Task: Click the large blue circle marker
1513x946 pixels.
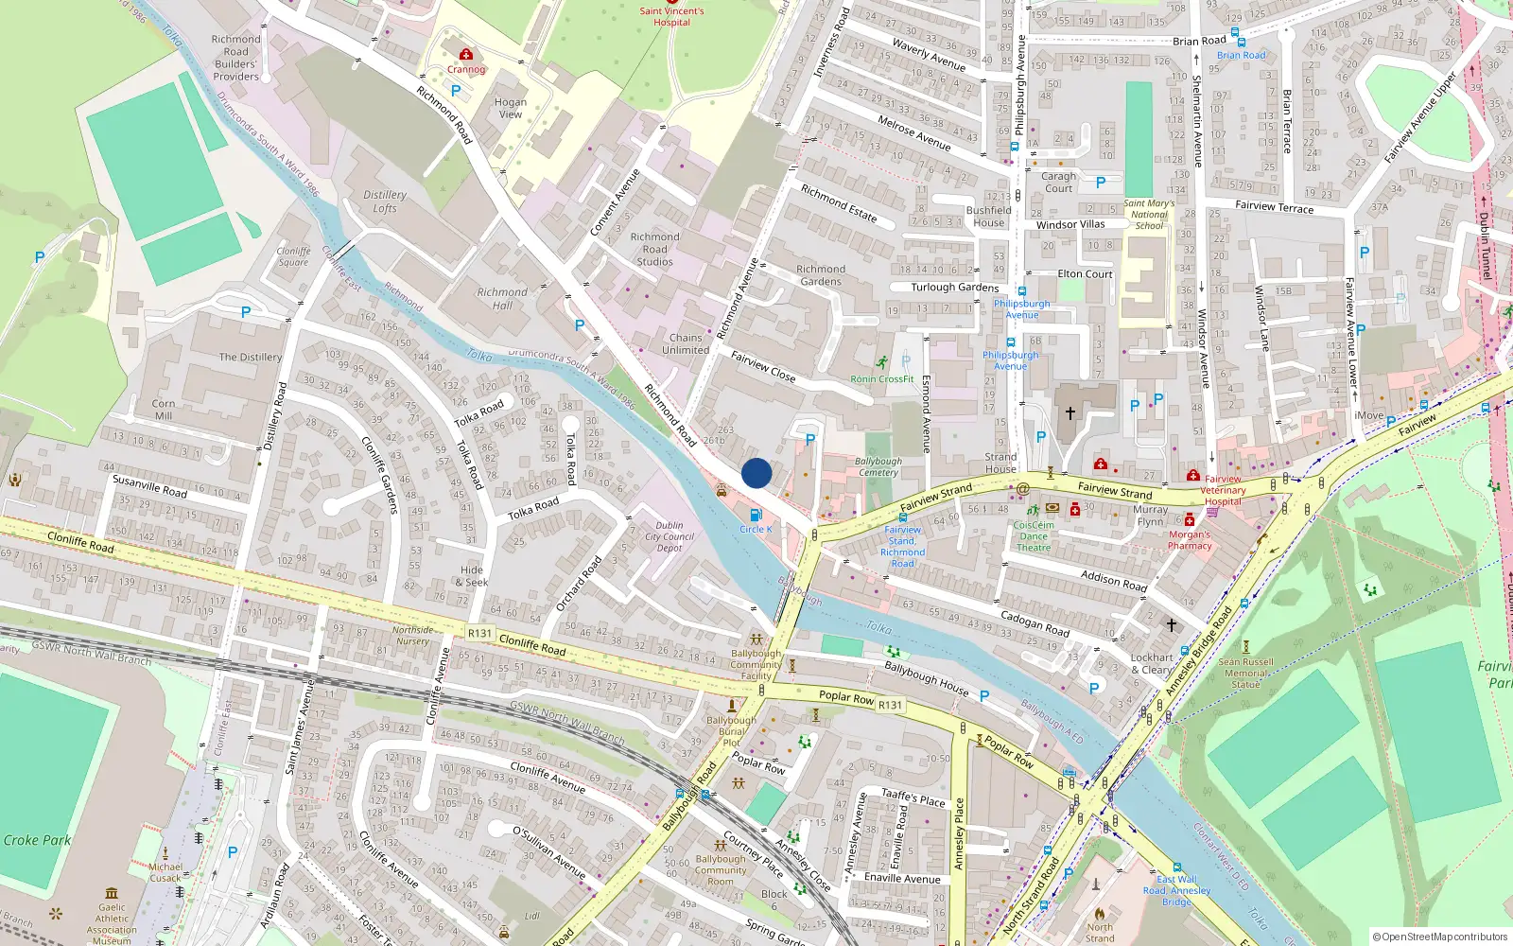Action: [756, 473]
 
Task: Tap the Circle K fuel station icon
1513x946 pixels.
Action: [755, 516]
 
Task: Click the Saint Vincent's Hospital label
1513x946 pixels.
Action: [671, 17]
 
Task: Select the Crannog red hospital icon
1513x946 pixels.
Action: [465, 55]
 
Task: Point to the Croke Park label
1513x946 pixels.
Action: [37, 840]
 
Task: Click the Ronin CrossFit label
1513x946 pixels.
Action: [881, 379]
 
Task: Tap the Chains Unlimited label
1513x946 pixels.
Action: [686, 343]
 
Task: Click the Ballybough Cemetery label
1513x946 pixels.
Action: [878, 467]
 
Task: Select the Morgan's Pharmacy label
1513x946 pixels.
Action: [1190, 540]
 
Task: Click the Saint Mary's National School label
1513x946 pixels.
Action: [1149, 215]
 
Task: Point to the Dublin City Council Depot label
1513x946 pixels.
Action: [670, 536]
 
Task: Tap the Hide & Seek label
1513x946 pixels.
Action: [472, 576]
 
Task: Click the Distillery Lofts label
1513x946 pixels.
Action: [385, 201]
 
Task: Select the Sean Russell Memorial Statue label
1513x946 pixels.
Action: [1245, 673]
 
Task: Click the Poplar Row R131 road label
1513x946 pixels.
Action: [860, 700]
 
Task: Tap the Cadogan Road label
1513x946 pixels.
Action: [1035, 622]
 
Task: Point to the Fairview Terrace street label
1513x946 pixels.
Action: [1274, 206]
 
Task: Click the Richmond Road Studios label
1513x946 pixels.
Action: [654, 250]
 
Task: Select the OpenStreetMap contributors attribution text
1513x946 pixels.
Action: [1440, 937]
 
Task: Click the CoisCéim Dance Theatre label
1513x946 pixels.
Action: [1034, 536]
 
